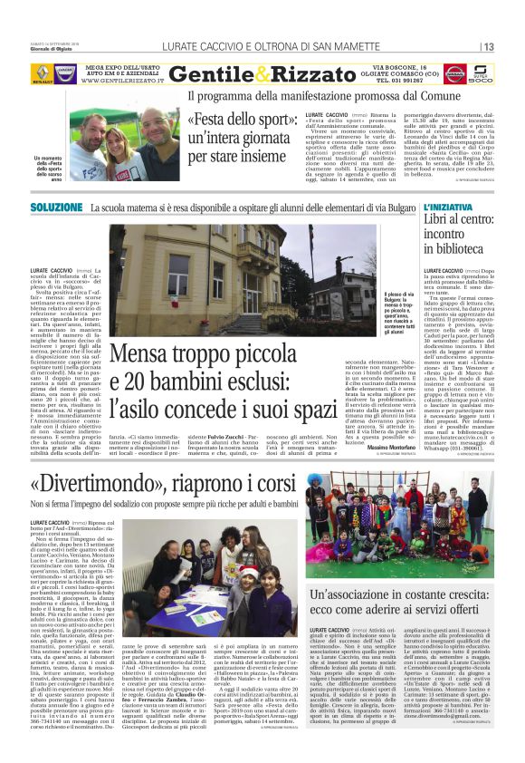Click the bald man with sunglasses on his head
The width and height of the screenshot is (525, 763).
click(x=159, y=130)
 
